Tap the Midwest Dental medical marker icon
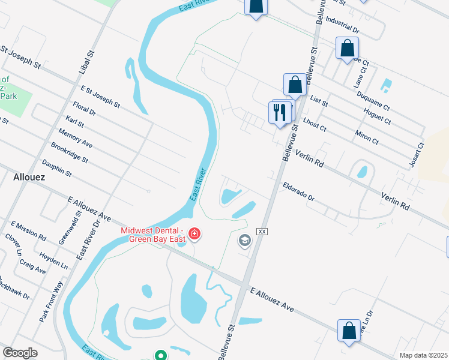pos(194,233)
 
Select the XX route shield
pos(261,231)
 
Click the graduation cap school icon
pos(244,241)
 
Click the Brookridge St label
pos(70,153)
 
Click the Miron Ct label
pos(366,137)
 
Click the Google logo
pos(20,353)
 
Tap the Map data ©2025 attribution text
pos(423,355)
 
